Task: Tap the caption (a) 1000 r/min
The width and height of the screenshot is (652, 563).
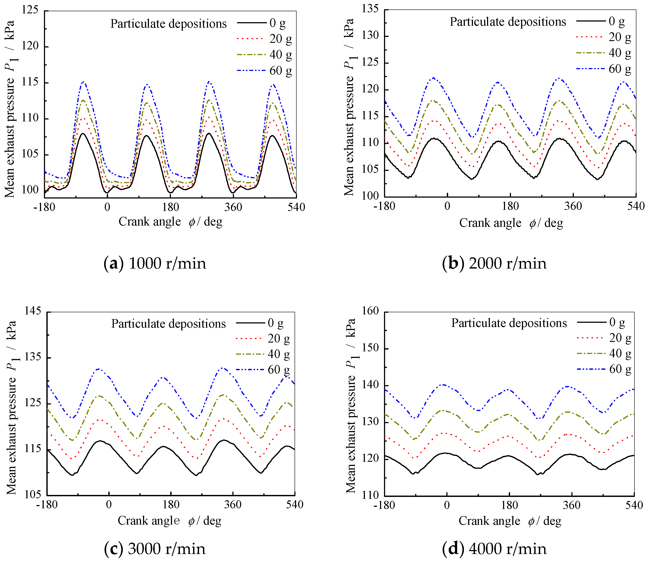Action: coord(155,263)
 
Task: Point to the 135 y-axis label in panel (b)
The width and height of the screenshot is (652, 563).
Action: coord(370,9)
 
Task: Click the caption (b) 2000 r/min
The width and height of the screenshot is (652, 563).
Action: coord(494,263)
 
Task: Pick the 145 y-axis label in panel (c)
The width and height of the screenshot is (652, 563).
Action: coord(33,311)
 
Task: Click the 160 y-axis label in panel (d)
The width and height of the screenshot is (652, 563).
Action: coord(370,311)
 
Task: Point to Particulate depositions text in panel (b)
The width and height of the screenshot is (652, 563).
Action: coord(508,22)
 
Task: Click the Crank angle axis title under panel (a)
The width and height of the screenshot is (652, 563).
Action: coord(170,222)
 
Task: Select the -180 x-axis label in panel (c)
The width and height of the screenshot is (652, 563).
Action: coord(47,505)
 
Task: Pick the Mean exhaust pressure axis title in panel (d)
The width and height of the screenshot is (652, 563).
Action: coord(351,406)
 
